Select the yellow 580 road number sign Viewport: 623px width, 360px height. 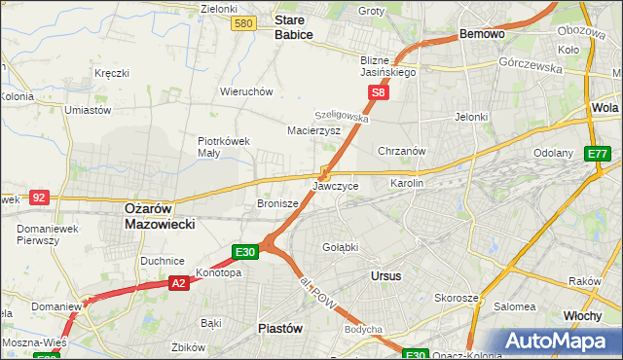coord(245,22)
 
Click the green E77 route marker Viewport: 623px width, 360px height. coord(598,154)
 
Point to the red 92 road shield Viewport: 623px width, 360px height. coord(39,197)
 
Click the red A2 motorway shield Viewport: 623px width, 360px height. coord(178,283)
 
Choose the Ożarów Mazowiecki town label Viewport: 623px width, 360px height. coord(161,216)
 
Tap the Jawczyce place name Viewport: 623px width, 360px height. coord(336,185)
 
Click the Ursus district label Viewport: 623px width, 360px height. coord(386,275)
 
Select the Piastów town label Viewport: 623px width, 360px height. coord(280,328)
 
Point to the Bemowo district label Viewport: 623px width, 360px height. coord(482,33)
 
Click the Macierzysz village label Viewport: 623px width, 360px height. coord(313,129)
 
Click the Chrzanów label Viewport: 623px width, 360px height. coord(402,151)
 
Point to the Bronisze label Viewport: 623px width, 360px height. coord(277,204)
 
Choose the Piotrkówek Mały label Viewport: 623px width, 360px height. coord(225,146)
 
